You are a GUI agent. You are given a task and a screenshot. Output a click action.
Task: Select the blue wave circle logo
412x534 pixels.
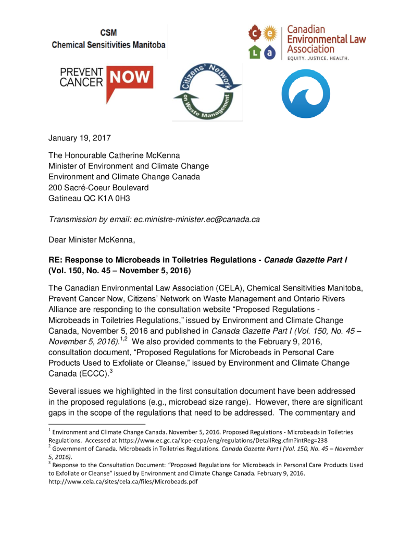coord(306,93)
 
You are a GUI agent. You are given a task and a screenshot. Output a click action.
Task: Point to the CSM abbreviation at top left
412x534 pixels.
coord(108,32)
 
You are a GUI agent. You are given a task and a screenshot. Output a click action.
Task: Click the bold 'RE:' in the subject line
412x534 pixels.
coord(55,260)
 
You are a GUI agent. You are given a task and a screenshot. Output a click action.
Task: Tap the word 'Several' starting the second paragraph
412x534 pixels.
coord(63,391)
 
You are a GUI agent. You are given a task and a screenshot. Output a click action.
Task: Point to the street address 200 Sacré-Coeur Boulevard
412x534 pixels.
coord(98,188)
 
